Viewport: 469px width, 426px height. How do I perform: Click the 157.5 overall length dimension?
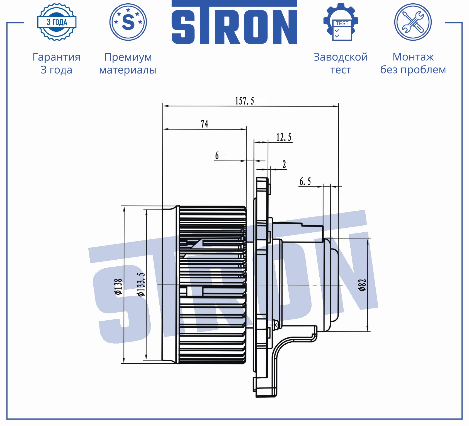click(244, 101)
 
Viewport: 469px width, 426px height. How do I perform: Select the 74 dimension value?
click(204, 124)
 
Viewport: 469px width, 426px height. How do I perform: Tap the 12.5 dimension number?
click(284, 137)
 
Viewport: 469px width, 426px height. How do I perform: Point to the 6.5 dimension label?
click(305, 182)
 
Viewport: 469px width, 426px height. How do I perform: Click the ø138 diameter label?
click(118, 286)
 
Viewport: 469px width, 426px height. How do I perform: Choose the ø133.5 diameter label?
click(141, 284)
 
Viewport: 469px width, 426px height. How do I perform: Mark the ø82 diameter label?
click(362, 285)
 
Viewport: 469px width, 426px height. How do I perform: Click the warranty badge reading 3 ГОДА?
click(57, 22)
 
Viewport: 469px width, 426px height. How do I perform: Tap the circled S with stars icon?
click(128, 22)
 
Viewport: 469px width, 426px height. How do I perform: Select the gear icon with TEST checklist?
click(341, 22)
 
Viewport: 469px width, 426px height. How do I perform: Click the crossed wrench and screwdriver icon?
click(413, 22)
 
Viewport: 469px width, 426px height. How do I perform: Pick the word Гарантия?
click(57, 57)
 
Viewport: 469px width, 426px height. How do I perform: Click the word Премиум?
click(128, 57)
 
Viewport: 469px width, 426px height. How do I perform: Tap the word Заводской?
click(341, 57)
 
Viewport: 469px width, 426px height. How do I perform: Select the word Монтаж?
click(413, 57)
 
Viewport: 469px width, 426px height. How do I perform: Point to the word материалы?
click(128, 70)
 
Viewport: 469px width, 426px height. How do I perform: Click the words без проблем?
click(413, 70)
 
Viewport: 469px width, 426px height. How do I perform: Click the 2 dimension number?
click(284, 164)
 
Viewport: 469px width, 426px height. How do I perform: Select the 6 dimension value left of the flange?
click(217, 155)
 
